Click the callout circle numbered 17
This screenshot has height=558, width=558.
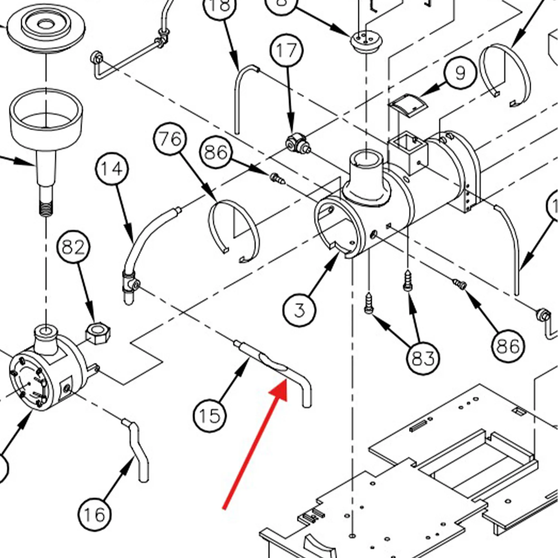point(287,50)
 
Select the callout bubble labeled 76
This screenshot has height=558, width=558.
point(170,139)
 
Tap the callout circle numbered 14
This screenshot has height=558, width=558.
point(112,169)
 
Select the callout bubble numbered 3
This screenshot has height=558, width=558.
point(299,310)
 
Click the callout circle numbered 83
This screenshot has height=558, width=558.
point(422,358)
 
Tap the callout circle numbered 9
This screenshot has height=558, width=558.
point(460,73)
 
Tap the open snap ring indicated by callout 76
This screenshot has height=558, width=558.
point(234,231)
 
